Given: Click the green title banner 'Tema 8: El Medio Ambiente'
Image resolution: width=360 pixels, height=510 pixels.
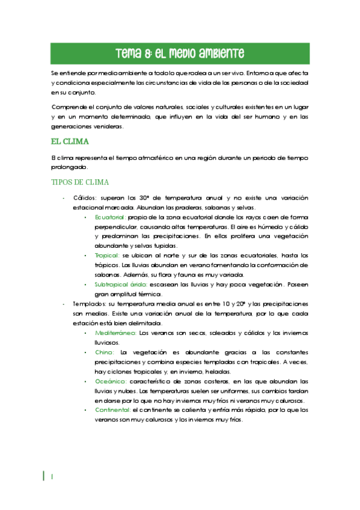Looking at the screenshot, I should [x=180, y=52].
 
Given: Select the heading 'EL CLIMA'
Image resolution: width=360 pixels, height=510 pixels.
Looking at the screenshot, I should [x=70, y=142].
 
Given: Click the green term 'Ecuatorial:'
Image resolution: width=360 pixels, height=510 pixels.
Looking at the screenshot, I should [x=110, y=217].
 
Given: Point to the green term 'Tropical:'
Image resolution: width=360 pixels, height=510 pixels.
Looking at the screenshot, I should [x=107, y=256].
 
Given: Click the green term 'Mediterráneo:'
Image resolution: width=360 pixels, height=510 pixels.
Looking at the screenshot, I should [x=115, y=333].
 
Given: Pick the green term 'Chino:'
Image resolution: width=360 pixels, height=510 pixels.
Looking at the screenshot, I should [x=104, y=352].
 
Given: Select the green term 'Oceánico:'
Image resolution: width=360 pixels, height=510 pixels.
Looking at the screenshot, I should [x=111, y=381].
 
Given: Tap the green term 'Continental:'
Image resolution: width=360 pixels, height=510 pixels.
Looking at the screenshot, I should [x=113, y=410].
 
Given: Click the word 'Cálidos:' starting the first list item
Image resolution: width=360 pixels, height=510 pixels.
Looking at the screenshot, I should [x=86, y=198].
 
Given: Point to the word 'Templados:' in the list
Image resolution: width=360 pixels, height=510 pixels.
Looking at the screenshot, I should [x=90, y=304].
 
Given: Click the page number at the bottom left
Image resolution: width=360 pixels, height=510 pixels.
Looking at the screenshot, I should [x=52, y=476].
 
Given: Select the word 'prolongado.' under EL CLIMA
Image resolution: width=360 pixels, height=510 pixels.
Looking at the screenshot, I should [x=69, y=167].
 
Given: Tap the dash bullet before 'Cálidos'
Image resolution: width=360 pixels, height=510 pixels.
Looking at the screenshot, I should [x=64, y=198].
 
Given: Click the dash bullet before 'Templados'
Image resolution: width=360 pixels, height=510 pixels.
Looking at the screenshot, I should [x=64, y=304].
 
